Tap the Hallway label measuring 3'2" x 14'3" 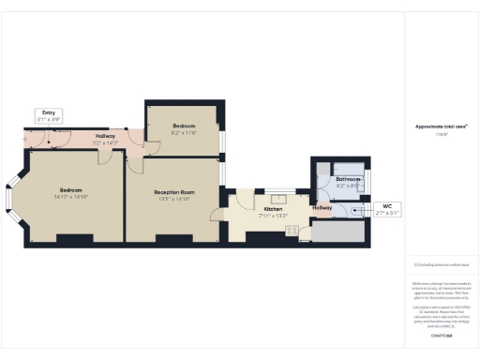[x=105, y=139]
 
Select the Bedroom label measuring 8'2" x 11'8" [x=184, y=127]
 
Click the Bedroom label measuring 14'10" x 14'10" [x=70, y=193]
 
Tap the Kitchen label [x=274, y=212]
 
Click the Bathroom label [x=349, y=181]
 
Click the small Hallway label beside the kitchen [x=322, y=208]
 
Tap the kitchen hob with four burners [x=305, y=230]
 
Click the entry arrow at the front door [x=28, y=142]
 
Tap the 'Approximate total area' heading [x=442, y=126]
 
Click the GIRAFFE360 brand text [x=442, y=335]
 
